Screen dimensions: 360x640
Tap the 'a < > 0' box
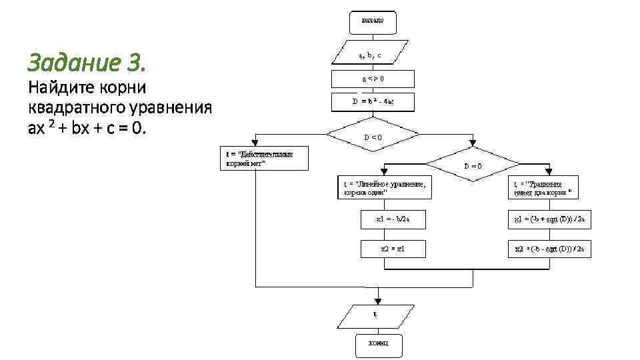pos(373,78)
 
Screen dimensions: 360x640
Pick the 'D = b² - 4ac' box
pos(373,102)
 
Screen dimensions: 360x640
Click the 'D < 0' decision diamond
pos(373,137)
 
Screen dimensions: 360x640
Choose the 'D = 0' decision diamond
pos(473,165)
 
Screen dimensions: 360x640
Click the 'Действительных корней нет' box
pos(264,158)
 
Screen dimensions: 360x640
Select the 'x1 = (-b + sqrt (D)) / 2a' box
pos(549,219)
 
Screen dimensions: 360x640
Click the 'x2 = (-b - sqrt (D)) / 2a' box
pos(549,249)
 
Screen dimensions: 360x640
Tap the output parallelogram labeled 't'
pos(375,316)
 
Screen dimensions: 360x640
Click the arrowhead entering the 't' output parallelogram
pos(377,299)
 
